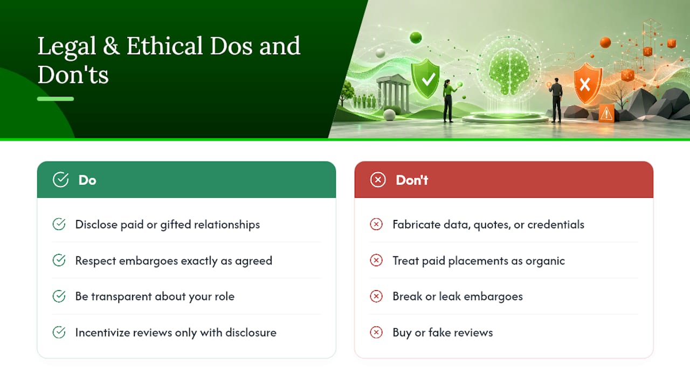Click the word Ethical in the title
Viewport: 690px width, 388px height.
tap(164, 46)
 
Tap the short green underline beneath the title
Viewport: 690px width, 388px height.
tap(56, 99)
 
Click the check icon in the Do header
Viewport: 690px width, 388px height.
tap(61, 179)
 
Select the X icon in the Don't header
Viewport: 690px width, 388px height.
tap(378, 179)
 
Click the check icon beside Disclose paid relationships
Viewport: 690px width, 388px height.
tap(59, 224)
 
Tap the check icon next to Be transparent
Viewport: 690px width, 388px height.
tap(59, 296)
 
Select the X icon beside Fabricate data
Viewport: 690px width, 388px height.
tap(376, 224)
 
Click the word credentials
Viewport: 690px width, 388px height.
tap(556, 225)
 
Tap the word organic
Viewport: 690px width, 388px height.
tap(545, 261)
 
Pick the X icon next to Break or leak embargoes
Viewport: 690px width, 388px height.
tap(376, 296)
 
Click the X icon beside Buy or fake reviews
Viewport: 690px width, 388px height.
tap(376, 332)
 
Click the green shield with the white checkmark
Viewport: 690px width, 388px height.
tap(426, 78)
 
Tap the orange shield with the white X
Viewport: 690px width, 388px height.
tap(588, 83)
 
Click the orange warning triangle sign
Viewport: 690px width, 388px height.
tap(606, 113)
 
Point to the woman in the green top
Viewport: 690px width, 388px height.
tap(450, 101)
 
